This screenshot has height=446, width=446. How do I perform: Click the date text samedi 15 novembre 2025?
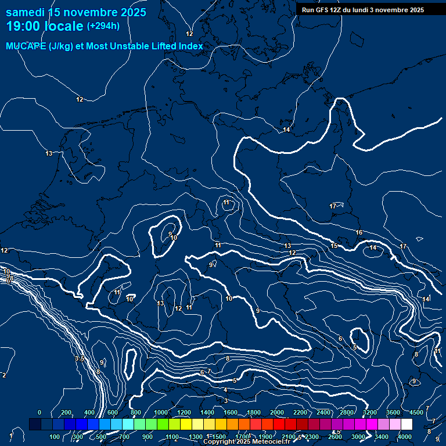[76, 12]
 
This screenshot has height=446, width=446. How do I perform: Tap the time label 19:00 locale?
[45, 26]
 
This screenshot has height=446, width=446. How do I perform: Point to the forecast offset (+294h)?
[103, 26]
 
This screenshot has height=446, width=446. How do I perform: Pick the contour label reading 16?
[359, 233]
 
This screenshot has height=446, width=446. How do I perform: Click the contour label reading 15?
[334, 246]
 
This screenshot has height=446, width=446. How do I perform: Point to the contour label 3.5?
[80, 359]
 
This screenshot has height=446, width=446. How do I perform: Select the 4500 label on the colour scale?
[416, 412]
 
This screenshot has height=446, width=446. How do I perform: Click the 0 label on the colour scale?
[39, 412]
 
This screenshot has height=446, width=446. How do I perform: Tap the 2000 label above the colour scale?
[277, 412]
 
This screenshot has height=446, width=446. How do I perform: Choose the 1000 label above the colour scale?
[160, 412]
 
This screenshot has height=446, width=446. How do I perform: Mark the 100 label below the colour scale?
[55, 437]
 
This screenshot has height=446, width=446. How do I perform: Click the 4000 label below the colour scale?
[405, 437]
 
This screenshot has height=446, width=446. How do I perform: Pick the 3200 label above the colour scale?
[370, 412]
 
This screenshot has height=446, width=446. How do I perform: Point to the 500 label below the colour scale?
[101, 437]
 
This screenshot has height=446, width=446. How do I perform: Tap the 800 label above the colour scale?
[136, 412]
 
